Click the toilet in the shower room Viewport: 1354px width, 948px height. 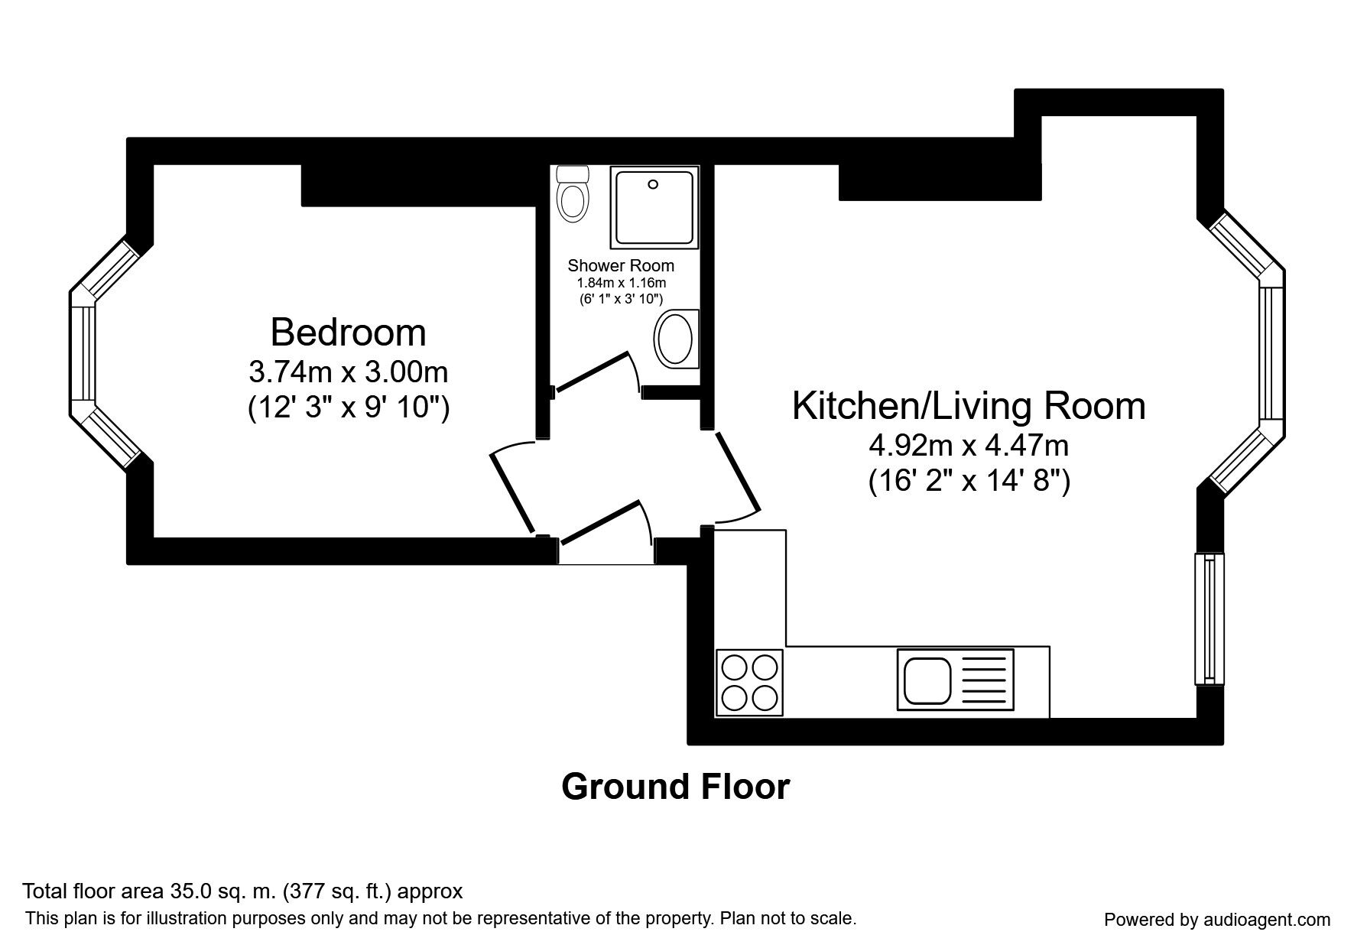(573, 194)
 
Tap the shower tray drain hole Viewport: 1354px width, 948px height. (653, 184)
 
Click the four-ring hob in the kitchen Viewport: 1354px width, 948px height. (749, 682)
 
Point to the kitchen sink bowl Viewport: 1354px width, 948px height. (927, 680)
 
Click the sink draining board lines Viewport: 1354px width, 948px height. (983, 680)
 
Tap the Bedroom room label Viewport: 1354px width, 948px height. (348, 333)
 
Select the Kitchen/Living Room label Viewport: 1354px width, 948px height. (969, 405)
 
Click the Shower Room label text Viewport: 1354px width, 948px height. (621, 266)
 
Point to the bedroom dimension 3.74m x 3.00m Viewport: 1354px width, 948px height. (348, 372)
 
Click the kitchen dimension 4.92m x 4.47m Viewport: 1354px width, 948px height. (969, 445)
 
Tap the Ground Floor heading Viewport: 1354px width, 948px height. (675, 787)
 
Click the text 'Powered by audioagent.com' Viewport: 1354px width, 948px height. (1217, 920)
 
